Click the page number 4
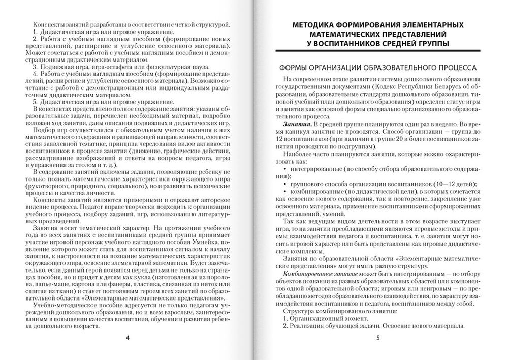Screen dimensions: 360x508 [128, 338]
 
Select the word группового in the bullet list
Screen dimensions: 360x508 [306, 183]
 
